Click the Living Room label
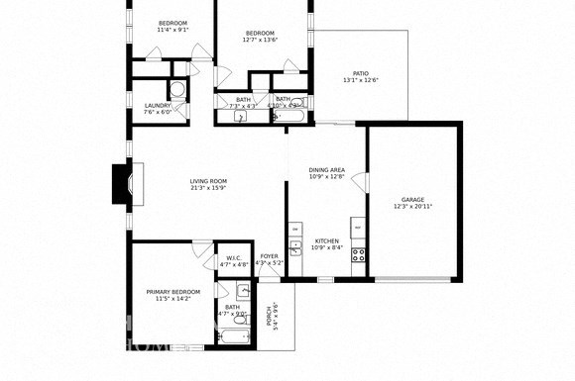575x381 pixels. (209, 181)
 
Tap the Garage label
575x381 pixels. (412, 199)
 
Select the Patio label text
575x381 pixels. (361, 73)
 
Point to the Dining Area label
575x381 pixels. (326, 170)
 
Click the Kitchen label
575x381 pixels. (326, 241)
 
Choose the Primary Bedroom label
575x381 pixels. (173, 292)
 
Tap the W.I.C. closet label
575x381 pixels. (234, 258)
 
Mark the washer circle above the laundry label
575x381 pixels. (175, 89)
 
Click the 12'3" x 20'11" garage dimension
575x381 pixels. (412, 206)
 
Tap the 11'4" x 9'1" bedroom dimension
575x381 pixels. (173, 30)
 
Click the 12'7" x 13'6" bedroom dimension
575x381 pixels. (262, 41)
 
